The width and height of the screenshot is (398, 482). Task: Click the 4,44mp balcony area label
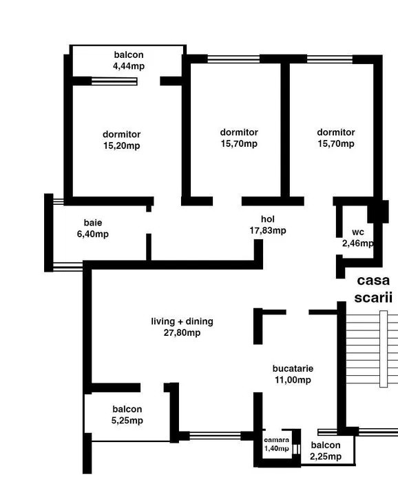tap(129, 66)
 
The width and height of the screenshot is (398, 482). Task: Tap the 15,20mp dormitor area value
tap(121, 145)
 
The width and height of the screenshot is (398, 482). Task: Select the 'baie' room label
tap(93, 223)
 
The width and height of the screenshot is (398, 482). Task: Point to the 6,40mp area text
tap(93, 234)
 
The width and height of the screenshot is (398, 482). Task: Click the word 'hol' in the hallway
tap(268, 219)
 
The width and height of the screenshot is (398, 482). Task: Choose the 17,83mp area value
tap(268, 230)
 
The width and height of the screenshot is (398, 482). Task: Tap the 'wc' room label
tap(358, 232)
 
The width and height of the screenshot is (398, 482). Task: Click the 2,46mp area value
tap(358, 243)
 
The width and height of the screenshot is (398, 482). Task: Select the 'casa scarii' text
tap(373, 290)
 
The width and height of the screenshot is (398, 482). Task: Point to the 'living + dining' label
tap(182, 321)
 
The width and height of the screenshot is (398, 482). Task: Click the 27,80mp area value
tap(182, 332)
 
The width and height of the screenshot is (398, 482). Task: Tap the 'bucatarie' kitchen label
tap(292, 368)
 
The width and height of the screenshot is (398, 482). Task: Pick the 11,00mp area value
tap(292, 379)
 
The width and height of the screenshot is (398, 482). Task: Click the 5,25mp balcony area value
tap(127, 420)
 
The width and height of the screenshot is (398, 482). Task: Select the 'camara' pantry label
tap(277, 439)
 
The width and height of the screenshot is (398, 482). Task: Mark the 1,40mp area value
tap(277, 448)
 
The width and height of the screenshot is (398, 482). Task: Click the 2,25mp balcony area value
tap(326, 456)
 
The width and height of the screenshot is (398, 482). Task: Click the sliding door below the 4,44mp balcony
tap(114, 81)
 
